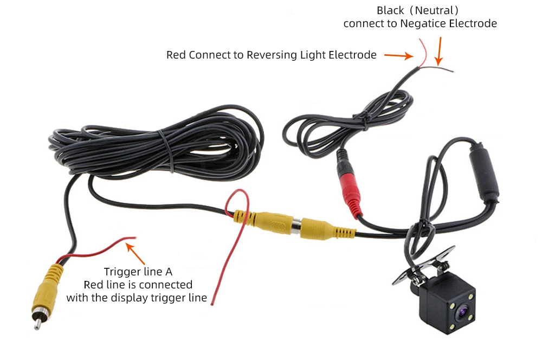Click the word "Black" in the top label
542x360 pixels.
pyautogui.click(x=390, y=11)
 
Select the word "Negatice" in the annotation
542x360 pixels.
pyautogui.click(x=421, y=23)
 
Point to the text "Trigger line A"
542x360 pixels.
pyautogui.click(x=138, y=272)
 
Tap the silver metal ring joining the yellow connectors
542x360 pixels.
pyautogui.click(x=296, y=226)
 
